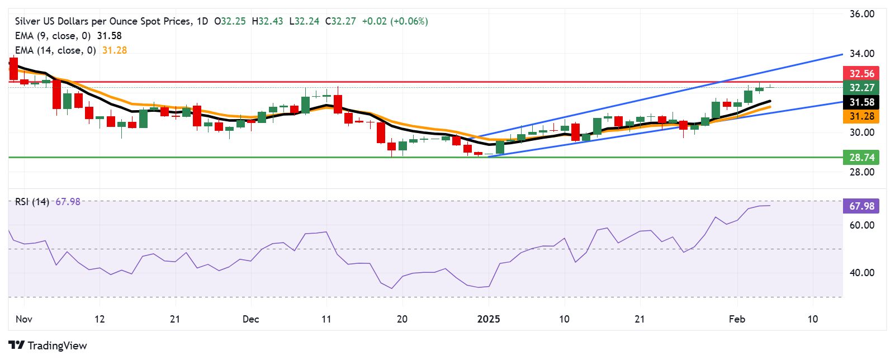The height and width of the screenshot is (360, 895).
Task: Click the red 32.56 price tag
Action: pos(861,74)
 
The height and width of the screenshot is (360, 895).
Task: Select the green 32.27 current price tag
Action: pos(861,88)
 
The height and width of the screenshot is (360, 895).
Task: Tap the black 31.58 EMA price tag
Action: pos(861,102)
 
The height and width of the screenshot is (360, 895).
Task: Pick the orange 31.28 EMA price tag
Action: pos(861,116)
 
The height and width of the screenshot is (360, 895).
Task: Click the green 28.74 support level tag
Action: pos(861,158)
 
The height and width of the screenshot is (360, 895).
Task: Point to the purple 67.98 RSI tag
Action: pos(861,206)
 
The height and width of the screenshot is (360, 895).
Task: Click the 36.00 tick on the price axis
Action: pos(861,14)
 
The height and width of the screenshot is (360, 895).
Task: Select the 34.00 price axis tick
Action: pos(861,54)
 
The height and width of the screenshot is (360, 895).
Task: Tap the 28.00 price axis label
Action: pos(861,172)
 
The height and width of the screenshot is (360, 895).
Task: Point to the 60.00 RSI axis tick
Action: pos(861,225)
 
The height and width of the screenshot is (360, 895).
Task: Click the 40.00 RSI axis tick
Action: pos(861,273)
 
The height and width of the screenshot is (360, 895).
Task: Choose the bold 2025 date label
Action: pos(489,319)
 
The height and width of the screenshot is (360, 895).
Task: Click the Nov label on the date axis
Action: pos(24,319)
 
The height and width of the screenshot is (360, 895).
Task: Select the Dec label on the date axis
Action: pos(250,319)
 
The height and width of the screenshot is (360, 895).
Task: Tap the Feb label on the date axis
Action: pos(737,319)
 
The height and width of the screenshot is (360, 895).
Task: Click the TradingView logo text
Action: pos(57,345)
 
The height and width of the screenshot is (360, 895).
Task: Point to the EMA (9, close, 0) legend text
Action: pos(53,36)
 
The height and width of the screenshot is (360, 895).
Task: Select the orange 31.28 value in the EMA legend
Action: pos(115,50)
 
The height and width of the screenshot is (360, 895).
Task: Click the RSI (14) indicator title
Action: pos(32,202)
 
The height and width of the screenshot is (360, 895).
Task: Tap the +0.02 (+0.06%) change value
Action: pos(395,21)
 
